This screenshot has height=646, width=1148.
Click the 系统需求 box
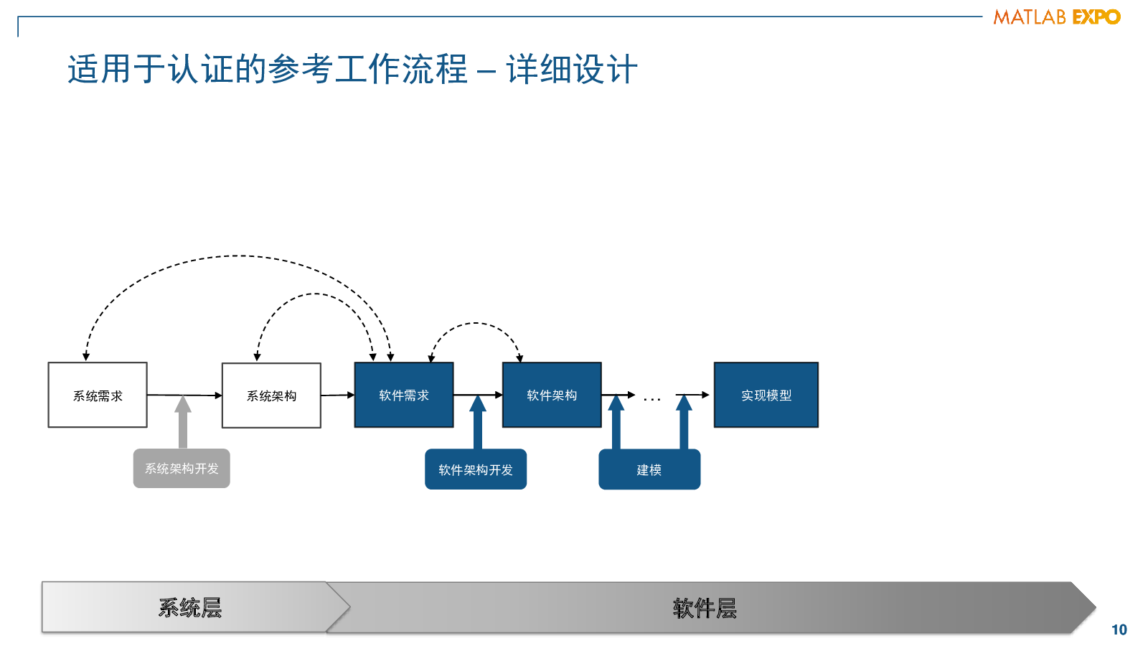pos(98,395)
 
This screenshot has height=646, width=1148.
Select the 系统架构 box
pos(271,395)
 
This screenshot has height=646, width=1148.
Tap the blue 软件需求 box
pos(404,395)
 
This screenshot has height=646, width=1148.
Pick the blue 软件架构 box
pos(552,395)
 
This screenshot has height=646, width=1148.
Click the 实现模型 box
pos(766,395)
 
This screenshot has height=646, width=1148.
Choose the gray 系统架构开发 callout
pos(182,469)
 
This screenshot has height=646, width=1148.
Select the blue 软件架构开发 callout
pos(476,469)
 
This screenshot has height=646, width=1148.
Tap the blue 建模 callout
pos(649,469)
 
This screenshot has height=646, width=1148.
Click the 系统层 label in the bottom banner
pos(189,608)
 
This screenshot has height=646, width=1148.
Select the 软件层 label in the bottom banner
pos(705,609)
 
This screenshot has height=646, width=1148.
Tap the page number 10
pos(1119,629)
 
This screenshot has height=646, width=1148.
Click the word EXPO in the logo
pos(1096,17)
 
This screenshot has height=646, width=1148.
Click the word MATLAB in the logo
pos(1030,17)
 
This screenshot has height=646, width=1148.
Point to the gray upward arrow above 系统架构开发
pos(183,422)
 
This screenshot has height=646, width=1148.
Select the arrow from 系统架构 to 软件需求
pos(338,395)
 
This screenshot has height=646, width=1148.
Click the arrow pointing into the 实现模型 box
pos(692,395)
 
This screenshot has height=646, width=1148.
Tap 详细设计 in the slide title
pos(572,69)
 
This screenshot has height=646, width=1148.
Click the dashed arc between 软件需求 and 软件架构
pos(476,323)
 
